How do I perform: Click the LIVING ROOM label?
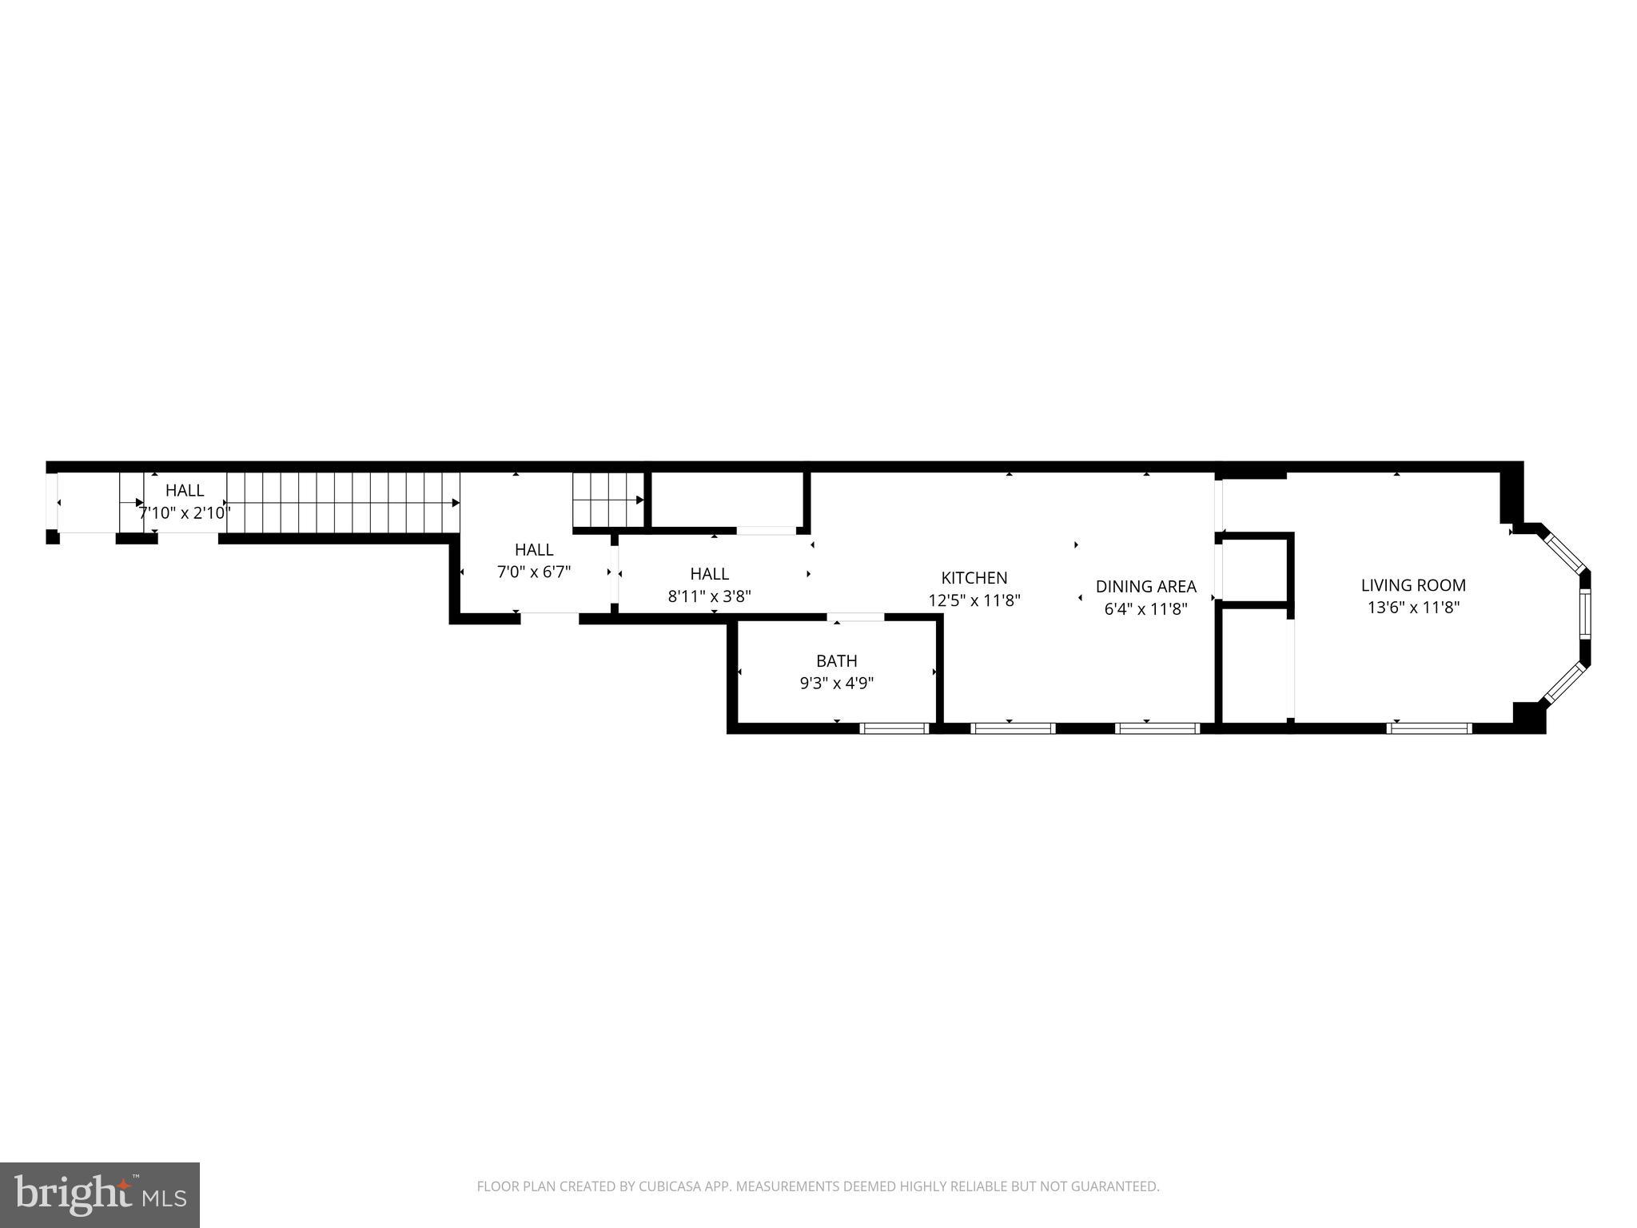(1413, 585)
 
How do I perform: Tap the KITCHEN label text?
(974, 577)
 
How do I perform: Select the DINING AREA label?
(1145, 586)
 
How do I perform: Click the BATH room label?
(836, 660)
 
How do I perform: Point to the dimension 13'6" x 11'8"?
(1413, 608)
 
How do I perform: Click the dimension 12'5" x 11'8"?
(974, 600)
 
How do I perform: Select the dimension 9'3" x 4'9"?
(836, 684)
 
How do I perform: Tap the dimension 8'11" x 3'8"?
(709, 596)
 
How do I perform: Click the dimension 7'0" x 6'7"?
(534, 572)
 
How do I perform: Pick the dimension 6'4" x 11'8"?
(1145, 608)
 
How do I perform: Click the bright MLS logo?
(99, 1194)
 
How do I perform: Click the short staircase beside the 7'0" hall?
(608, 500)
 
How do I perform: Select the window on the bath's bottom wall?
(894, 728)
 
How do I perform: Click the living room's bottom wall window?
(1428, 728)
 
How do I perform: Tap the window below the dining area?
(1157, 728)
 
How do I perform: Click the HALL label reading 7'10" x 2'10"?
(185, 490)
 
